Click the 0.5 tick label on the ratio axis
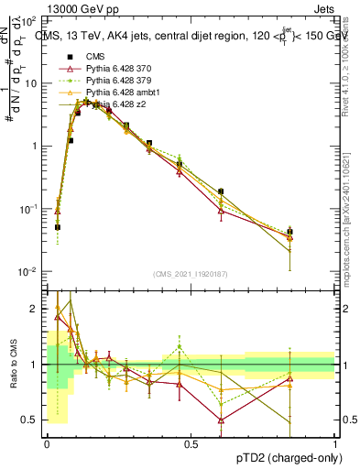29,420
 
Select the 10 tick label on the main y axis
29,82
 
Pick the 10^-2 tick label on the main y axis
27,272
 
